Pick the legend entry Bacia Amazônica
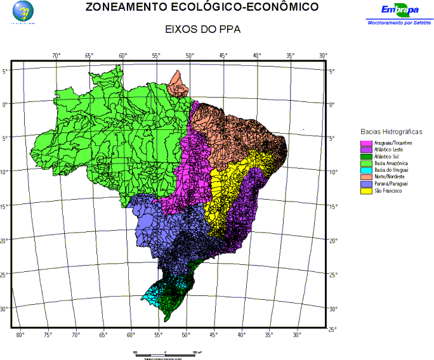[x=390, y=163]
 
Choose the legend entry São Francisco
[x=388, y=190]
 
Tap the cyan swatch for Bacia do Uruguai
[x=366, y=170]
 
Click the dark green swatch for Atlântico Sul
[x=366, y=157]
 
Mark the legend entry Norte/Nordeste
[x=390, y=176]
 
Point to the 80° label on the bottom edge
[x=20, y=334]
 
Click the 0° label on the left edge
[x=6, y=103]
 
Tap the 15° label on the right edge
[x=334, y=207]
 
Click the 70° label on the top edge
[x=56, y=56]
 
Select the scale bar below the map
[x=165, y=352]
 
